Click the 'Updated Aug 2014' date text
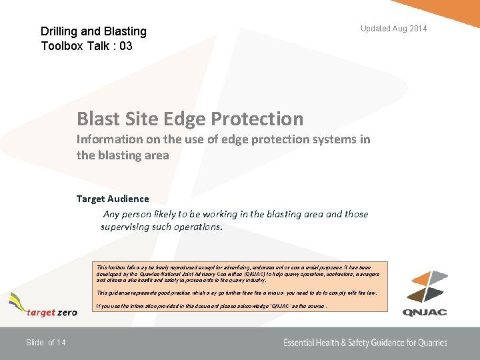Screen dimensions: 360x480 pyautogui.click(x=393, y=29)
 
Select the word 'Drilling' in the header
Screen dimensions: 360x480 pyautogui.click(x=60, y=31)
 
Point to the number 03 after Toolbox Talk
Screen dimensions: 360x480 pyautogui.click(x=125, y=46)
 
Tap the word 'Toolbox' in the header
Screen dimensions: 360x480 pyautogui.click(x=64, y=46)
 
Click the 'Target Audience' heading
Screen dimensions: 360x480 pyautogui.click(x=113, y=199)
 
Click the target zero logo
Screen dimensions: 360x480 pyautogui.click(x=43, y=307)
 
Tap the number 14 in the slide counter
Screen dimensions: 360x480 pyautogui.click(x=61, y=343)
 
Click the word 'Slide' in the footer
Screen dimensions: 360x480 pyautogui.click(x=35, y=343)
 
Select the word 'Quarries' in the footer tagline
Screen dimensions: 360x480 pyautogui.click(x=427, y=343)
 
